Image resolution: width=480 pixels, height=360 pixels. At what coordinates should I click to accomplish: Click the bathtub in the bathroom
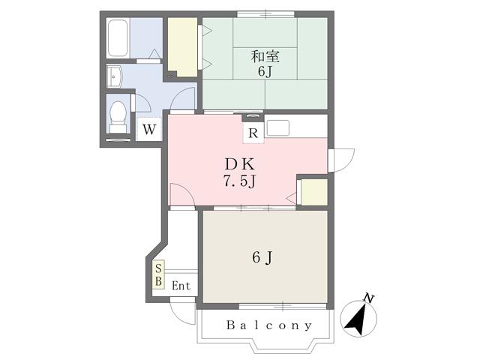click(118, 38)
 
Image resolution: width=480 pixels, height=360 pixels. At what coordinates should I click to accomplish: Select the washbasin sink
click(115, 76)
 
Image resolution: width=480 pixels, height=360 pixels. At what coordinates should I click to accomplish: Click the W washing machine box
click(149, 129)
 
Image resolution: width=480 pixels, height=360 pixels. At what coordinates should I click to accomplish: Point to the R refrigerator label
click(253, 133)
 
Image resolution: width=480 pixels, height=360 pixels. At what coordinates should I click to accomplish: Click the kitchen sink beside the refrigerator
click(278, 128)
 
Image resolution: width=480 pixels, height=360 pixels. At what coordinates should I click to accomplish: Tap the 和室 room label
click(265, 56)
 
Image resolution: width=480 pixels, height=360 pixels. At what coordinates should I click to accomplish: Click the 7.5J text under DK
click(239, 181)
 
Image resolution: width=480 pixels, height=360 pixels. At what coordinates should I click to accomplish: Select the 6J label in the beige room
click(262, 257)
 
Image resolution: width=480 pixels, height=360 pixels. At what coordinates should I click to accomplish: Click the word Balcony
click(269, 325)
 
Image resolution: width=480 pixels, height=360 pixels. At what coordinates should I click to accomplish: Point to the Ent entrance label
click(181, 286)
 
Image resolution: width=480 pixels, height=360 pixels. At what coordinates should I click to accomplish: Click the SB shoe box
click(158, 274)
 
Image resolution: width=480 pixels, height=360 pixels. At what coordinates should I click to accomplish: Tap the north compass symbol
click(358, 318)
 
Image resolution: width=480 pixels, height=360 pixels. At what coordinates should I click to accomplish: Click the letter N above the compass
click(369, 298)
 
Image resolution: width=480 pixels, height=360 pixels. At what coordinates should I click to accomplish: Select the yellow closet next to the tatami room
click(182, 46)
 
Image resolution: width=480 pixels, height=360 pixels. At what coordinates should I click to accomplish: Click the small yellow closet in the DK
click(314, 192)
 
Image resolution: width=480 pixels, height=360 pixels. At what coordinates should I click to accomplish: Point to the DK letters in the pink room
click(240, 165)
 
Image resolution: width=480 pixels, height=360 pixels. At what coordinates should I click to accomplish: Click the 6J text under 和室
click(265, 71)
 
